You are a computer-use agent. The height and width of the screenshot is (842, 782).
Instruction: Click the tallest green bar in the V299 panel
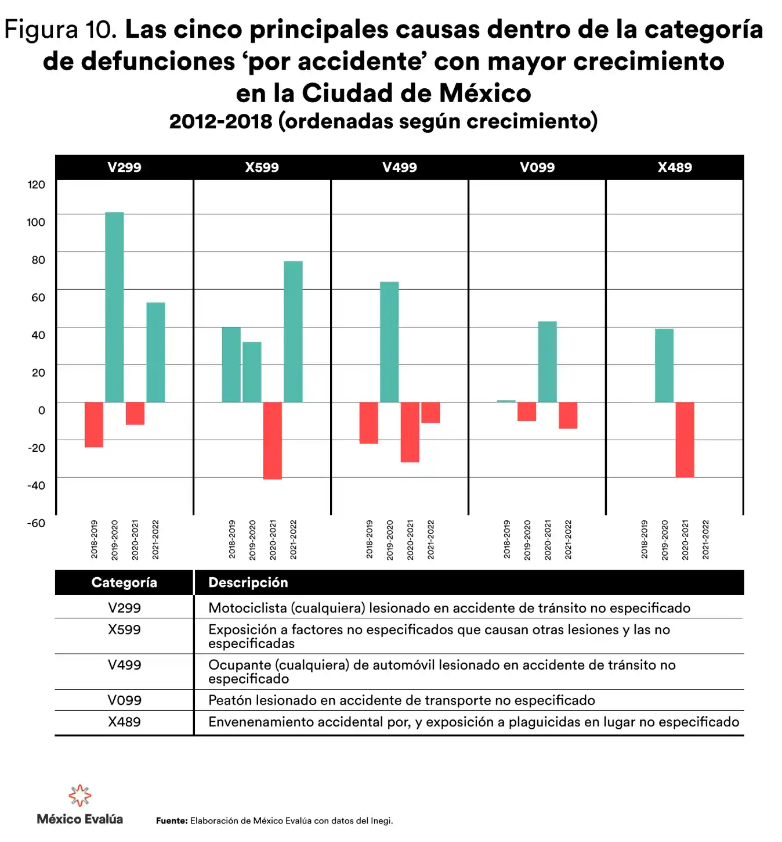114,307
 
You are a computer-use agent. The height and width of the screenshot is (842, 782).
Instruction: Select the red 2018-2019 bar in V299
94,424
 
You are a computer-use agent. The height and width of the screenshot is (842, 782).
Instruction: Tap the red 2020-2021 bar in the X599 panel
273,440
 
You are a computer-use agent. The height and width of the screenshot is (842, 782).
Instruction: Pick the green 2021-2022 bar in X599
293,332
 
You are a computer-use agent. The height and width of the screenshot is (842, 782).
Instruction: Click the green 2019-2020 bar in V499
389,341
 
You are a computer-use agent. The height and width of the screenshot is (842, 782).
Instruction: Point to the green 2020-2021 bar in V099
547,361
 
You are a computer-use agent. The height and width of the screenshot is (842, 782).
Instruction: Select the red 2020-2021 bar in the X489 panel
685,440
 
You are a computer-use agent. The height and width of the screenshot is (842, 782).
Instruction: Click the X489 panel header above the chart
675,167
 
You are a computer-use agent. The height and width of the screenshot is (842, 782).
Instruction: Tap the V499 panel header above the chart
400,167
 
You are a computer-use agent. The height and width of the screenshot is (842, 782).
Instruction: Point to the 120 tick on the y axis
37,185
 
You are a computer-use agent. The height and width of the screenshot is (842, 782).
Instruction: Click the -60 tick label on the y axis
36,523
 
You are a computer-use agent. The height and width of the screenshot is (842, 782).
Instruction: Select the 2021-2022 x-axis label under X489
705,539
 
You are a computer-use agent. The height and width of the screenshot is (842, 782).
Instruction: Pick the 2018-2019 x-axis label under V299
94,539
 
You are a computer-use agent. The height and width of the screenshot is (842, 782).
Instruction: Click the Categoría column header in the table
124,582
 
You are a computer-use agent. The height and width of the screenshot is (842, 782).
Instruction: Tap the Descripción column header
248,582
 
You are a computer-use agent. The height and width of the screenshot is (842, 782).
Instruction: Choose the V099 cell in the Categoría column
124,700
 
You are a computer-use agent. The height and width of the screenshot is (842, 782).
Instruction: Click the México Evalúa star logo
80,796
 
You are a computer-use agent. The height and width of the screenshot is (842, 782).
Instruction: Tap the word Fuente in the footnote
172,821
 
